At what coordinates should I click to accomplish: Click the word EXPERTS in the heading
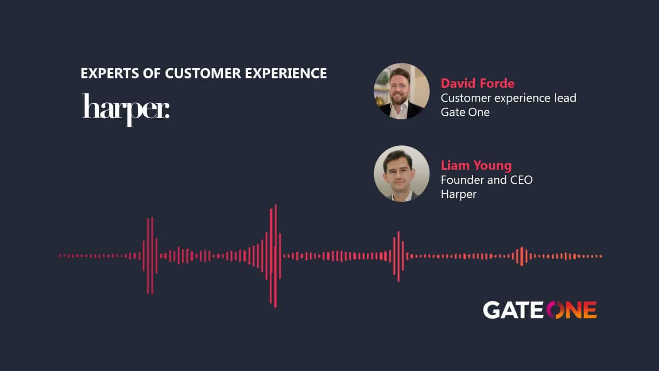110,73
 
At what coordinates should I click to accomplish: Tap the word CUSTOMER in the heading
203,73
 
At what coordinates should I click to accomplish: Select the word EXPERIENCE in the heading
286,73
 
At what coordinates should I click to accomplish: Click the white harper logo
126,110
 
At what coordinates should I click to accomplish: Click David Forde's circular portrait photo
402,91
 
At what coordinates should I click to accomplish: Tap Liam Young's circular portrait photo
402,173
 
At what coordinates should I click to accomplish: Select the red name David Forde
477,84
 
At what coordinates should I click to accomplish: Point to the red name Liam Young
476,166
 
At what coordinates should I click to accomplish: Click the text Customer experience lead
508,98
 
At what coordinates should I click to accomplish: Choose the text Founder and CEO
487,180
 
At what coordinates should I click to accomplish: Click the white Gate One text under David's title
465,112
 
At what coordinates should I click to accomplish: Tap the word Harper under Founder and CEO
459,195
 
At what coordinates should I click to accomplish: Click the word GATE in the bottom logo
513,310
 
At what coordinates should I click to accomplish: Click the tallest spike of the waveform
275,256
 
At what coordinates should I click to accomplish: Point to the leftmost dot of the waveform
60,256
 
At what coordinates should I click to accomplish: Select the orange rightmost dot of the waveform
601,256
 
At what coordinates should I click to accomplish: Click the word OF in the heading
152,73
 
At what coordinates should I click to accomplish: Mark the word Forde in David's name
497,84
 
